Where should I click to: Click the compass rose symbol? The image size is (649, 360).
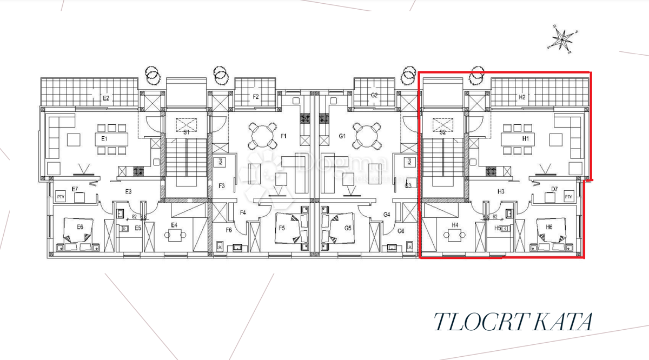(x=563, y=39)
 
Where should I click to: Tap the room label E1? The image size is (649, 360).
(x=104, y=139)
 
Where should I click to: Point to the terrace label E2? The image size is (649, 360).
(x=107, y=98)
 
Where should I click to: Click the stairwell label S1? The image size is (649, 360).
(x=186, y=131)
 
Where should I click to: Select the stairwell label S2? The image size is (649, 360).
(x=442, y=131)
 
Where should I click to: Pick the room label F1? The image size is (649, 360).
(x=282, y=136)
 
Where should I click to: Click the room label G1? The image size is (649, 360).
(x=342, y=136)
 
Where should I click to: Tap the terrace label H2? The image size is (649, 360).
(x=522, y=98)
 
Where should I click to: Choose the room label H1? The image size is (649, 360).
(x=525, y=139)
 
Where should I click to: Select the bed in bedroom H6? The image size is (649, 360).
(x=552, y=233)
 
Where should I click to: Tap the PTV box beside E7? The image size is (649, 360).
(x=61, y=197)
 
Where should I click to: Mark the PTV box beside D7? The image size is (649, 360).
(x=568, y=197)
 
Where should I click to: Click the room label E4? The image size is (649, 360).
(x=174, y=225)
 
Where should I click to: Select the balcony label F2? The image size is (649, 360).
(x=256, y=97)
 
